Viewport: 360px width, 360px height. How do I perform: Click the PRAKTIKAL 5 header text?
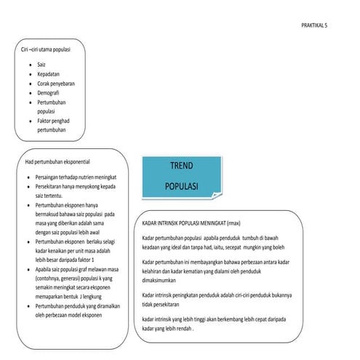click(x=315, y=25)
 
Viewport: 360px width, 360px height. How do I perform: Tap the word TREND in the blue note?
click(x=181, y=166)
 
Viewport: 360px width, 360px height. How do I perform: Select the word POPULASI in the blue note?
click(x=181, y=186)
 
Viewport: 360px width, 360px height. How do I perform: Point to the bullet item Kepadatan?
click(x=49, y=75)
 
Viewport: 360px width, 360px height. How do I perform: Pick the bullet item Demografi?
click(x=49, y=94)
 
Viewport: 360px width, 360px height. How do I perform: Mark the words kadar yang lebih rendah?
click(x=168, y=328)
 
